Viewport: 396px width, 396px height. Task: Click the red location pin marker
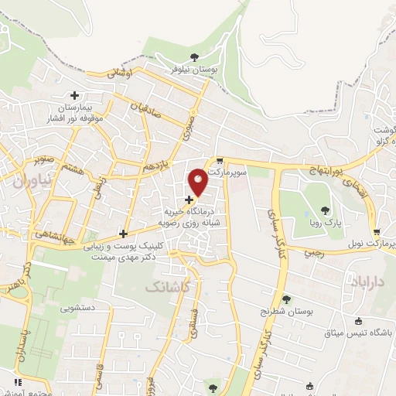click(198, 182)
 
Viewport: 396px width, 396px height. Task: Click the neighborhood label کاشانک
click(166, 288)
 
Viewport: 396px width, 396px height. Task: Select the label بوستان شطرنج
click(287, 311)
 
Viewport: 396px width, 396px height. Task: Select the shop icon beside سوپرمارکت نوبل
click(376, 232)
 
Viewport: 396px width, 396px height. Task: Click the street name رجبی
click(312, 251)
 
